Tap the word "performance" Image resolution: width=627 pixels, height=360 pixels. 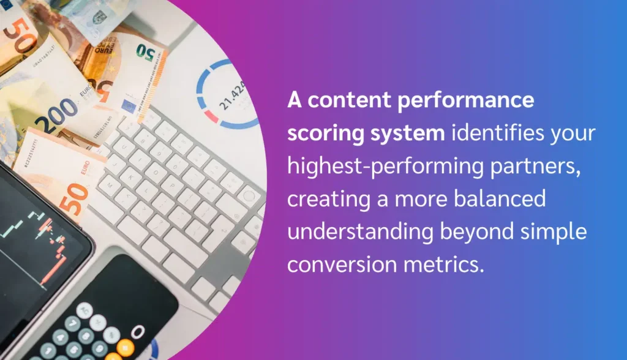(x=465, y=101)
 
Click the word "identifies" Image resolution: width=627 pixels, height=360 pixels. (x=498, y=133)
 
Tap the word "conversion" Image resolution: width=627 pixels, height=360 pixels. (x=339, y=265)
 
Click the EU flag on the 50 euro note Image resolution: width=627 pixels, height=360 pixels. (x=129, y=105)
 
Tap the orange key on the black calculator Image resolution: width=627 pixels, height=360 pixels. (x=125, y=347)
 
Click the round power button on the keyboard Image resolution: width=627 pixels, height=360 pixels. (x=249, y=196)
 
